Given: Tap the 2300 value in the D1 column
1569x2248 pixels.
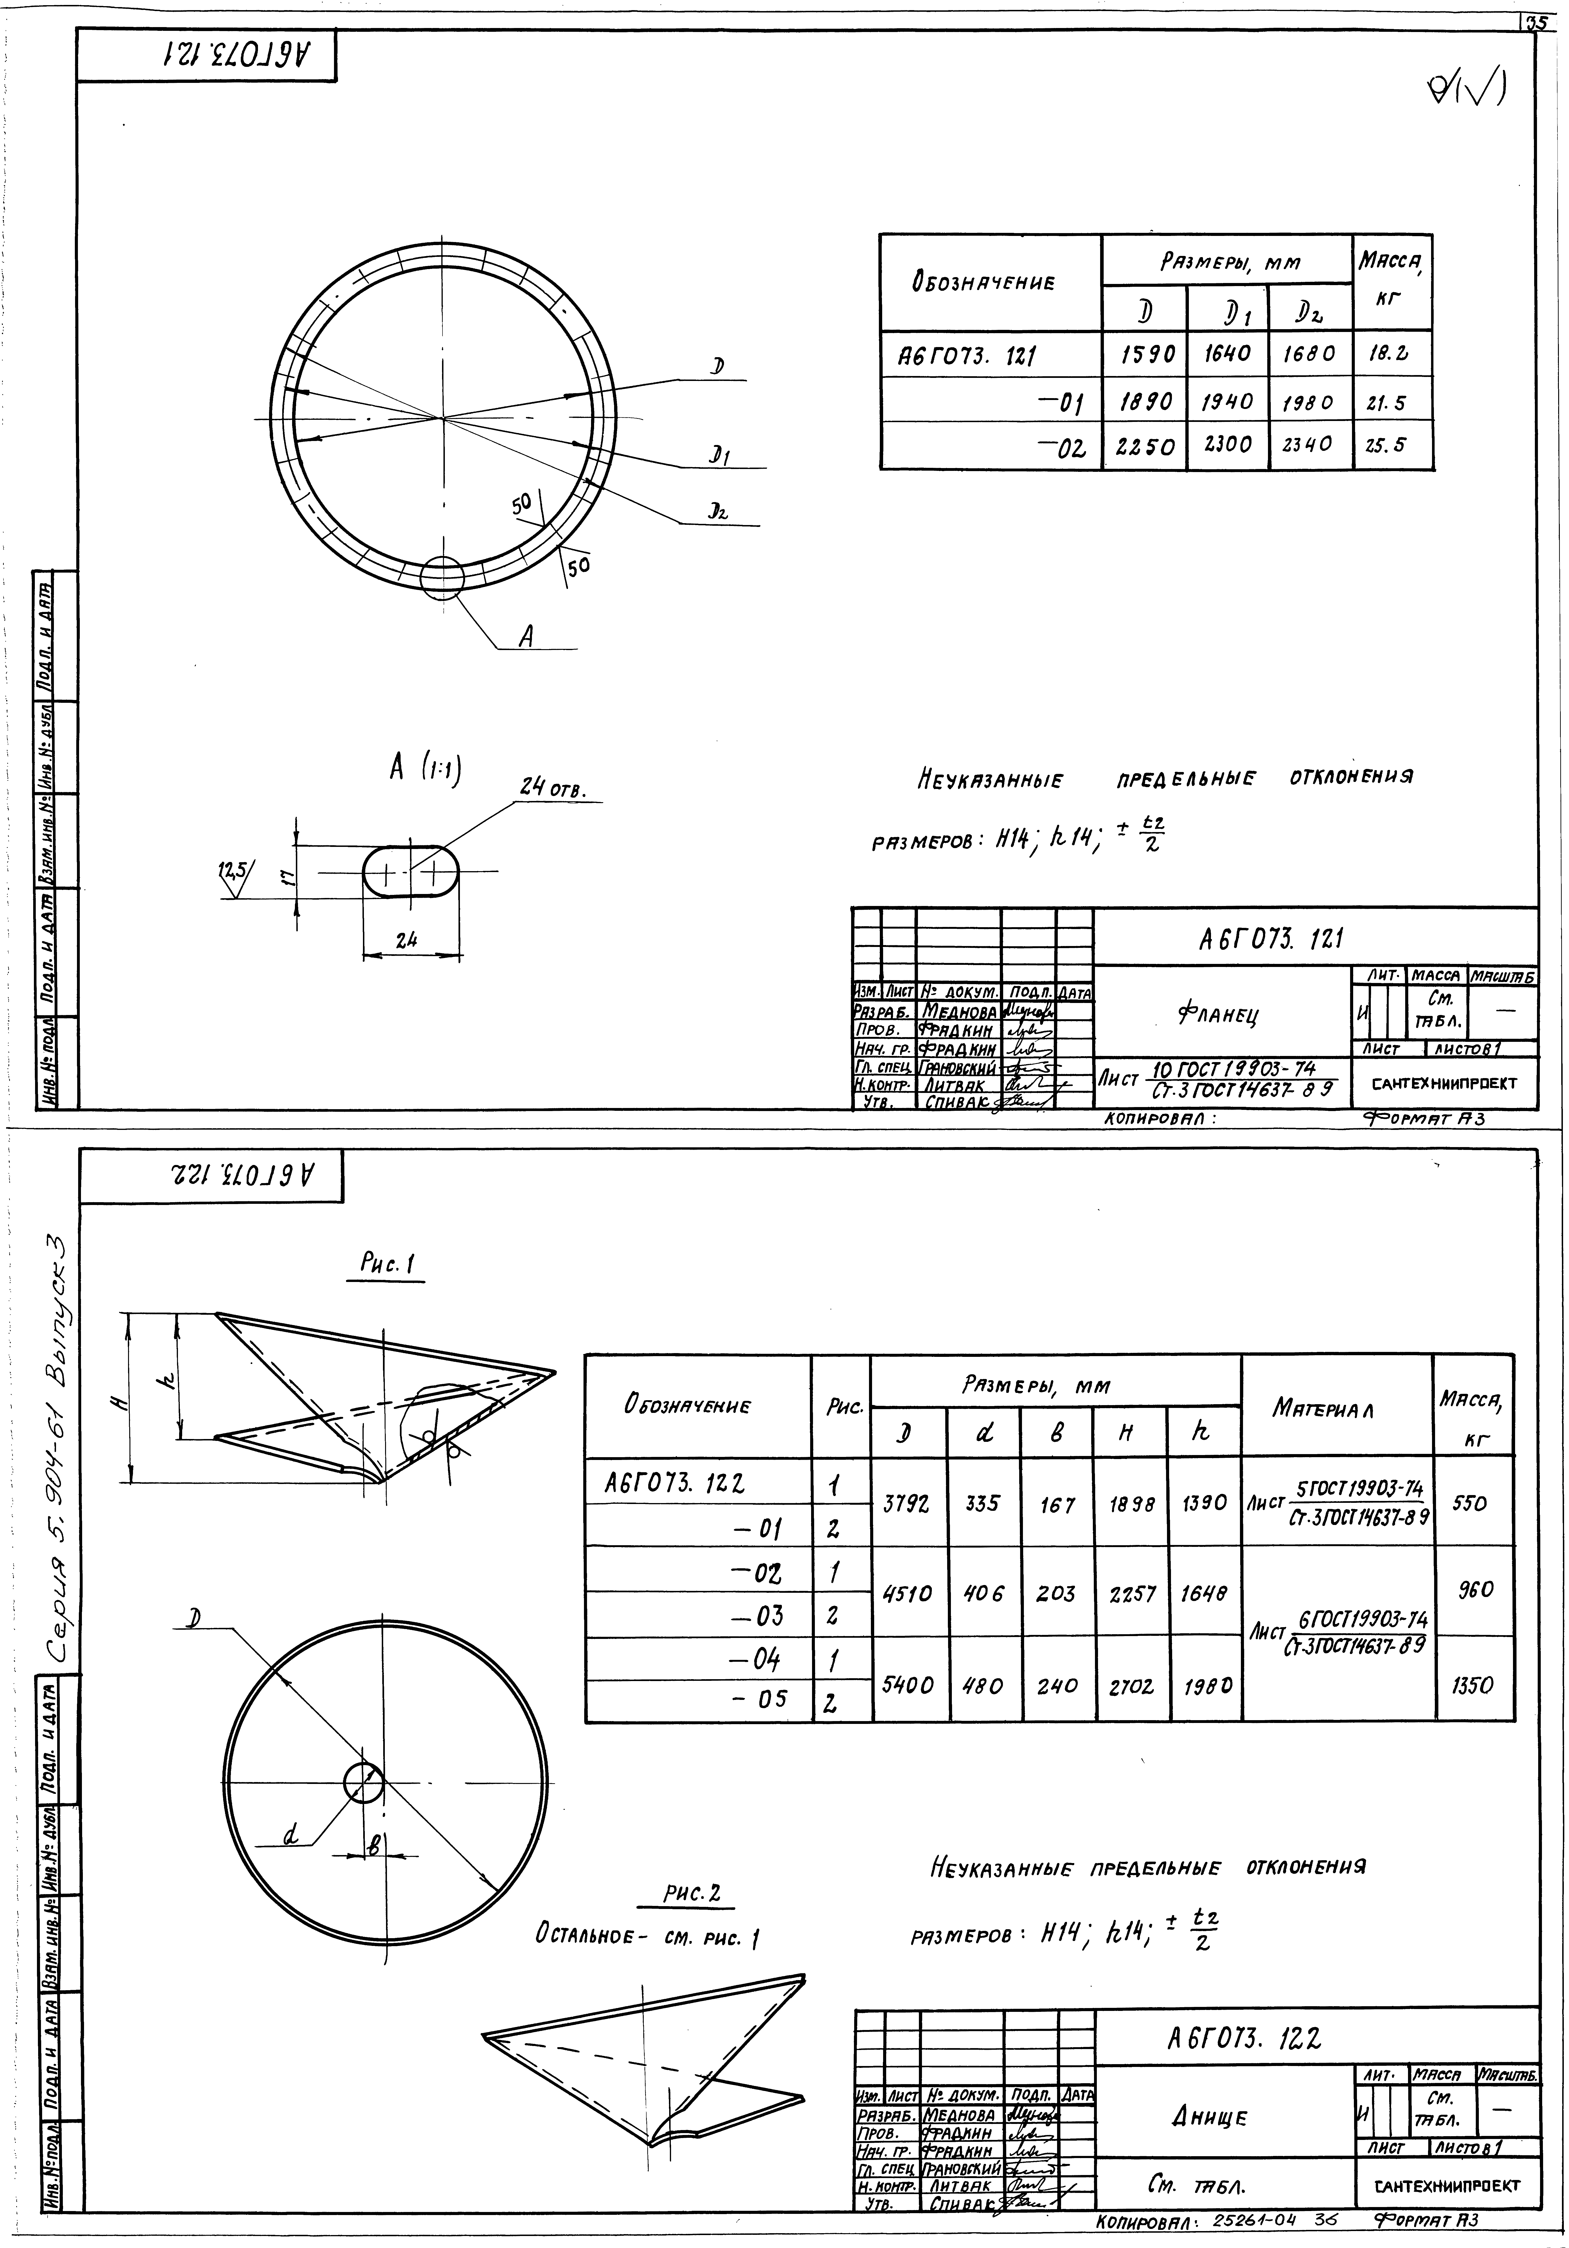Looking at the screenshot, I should pos(1227,445).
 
